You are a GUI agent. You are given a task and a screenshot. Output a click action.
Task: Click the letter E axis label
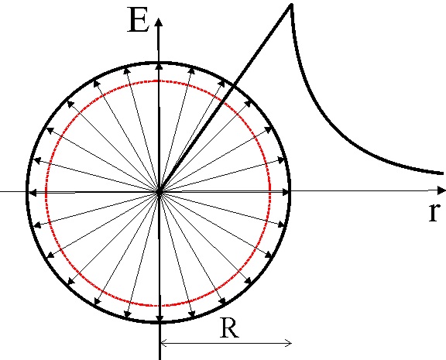point(139,19)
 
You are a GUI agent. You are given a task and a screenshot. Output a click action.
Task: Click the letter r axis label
point(434,212)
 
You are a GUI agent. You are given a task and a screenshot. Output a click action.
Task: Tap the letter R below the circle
point(229,328)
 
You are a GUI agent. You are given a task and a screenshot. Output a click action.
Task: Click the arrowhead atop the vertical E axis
point(159,22)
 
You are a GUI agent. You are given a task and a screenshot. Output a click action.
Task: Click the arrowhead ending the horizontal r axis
point(441,190)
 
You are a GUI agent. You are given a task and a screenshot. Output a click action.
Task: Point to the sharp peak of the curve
point(291,5)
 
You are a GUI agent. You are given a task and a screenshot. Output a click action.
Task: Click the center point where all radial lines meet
point(160,193)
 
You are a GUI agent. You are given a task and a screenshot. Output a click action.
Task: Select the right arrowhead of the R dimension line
point(289,343)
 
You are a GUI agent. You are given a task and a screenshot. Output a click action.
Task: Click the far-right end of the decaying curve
point(442,173)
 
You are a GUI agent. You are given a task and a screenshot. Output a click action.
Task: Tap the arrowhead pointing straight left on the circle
point(33,193)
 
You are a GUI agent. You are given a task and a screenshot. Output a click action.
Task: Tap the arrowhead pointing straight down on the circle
point(160,318)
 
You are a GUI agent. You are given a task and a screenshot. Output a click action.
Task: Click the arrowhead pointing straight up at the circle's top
point(160,67)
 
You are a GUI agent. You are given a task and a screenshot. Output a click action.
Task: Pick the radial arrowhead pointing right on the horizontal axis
point(286,193)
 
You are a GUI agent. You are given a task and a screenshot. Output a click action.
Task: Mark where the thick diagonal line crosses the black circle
point(233,84)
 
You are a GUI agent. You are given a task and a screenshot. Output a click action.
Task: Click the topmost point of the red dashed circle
point(158,81)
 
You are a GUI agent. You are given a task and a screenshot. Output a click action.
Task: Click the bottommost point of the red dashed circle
point(158,306)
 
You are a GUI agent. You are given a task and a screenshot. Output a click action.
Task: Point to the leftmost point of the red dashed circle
point(46,191)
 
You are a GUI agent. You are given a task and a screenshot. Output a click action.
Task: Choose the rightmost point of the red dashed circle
point(269,191)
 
